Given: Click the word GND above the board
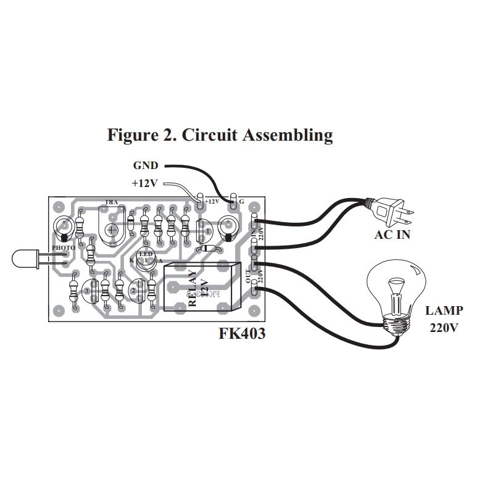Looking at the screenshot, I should [146, 165].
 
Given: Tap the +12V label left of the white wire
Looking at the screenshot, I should [145, 183].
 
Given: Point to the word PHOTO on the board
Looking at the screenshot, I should [63, 247].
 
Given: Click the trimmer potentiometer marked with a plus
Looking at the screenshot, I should [112, 230].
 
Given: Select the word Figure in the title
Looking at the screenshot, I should [131, 135].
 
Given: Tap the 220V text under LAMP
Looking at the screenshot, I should [444, 328].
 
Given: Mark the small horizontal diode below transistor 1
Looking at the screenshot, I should [209, 249].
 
